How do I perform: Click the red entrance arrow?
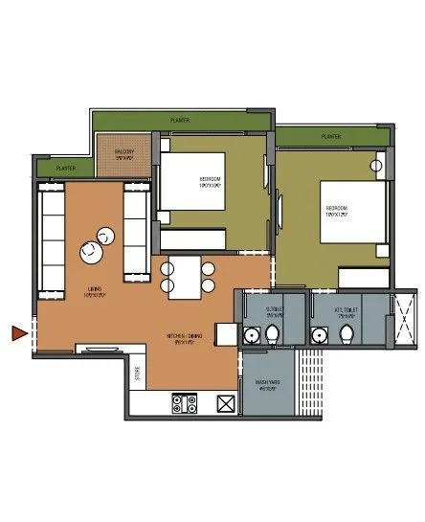click(x=18, y=333)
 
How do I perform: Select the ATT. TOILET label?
click(x=347, y=310)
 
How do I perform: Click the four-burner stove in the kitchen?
click(x=183, y=403)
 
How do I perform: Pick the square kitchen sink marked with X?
click(x=226, y=403)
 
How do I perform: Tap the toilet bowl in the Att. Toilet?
click(x=347, y=334)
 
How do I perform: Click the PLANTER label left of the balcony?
click(x=65, y=169)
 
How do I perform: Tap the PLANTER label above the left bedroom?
click(x=180, y=121)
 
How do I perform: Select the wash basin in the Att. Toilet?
click(x=319, y=333)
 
